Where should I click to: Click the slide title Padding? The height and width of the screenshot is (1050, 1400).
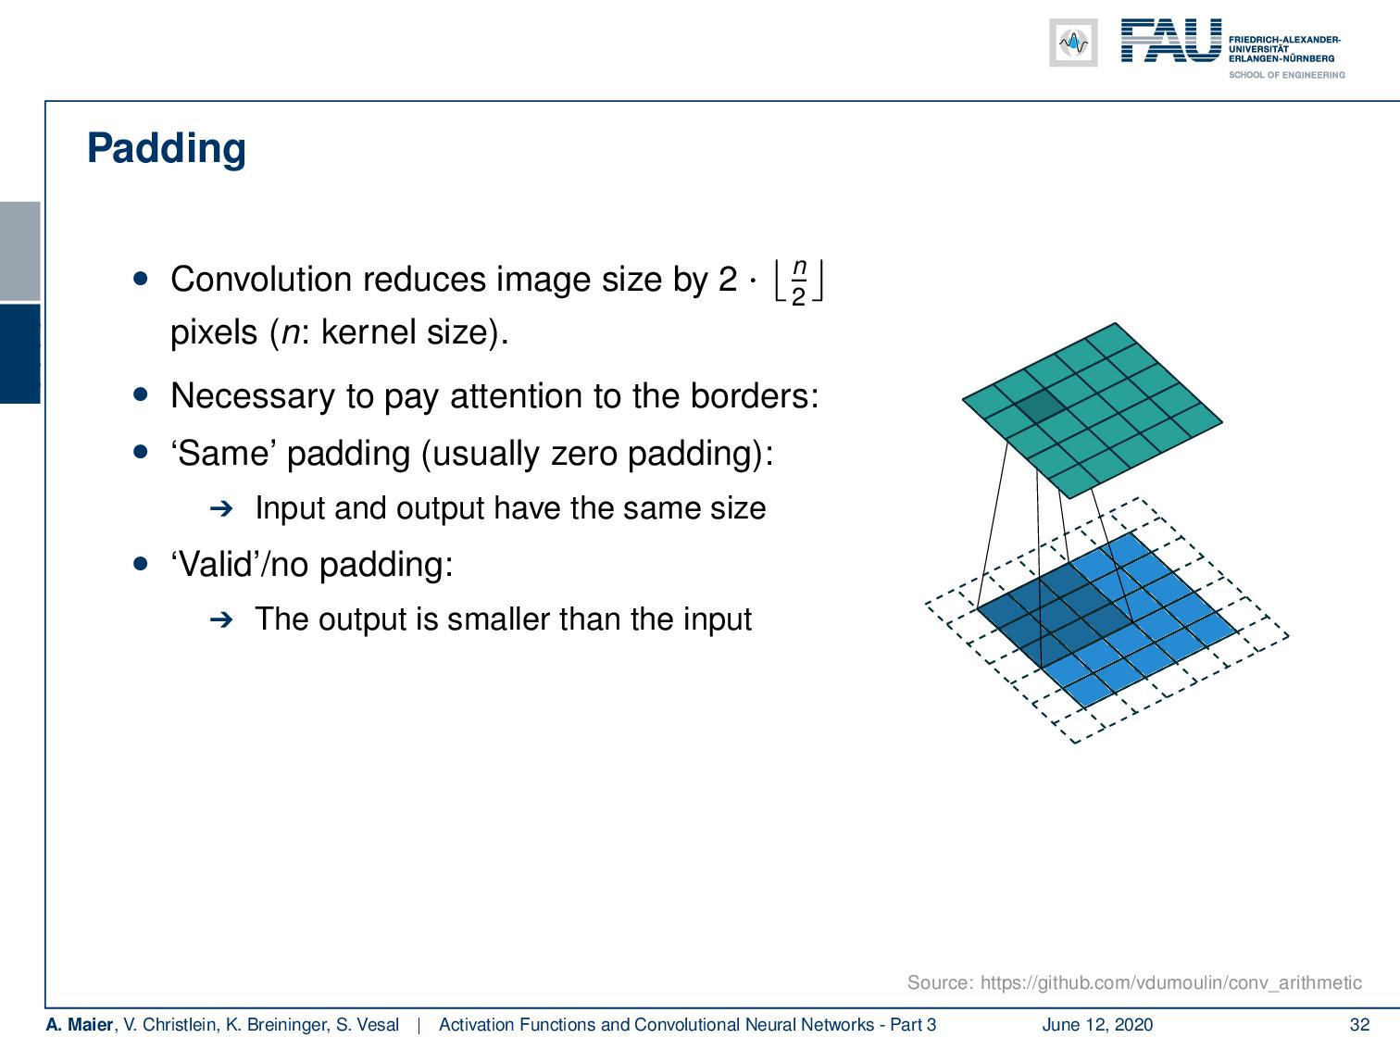[167, 148]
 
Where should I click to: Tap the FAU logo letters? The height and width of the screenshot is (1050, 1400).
[1170, 42]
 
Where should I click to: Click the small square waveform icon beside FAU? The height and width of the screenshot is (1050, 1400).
[1073, 43]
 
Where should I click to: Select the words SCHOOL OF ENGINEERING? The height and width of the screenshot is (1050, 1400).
[1286, 75]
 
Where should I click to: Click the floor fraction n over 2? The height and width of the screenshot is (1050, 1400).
[798, 282]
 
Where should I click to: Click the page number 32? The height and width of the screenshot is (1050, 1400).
[1359, 1024]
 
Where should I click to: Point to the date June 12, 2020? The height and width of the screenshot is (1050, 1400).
[1097, 1024]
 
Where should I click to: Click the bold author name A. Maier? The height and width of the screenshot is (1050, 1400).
[79, 1024]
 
